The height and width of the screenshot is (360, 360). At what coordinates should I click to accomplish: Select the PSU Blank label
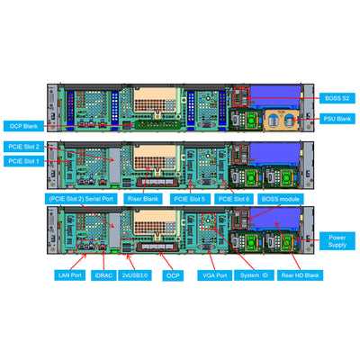click(x=338, y=119)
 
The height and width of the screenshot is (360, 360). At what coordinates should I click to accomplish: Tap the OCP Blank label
click(x=24, y=127)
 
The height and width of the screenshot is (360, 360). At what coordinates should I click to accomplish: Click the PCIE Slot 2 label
click(x=24, y=146)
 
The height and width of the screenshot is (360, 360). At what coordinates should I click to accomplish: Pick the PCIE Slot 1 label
click(x=24, y=161)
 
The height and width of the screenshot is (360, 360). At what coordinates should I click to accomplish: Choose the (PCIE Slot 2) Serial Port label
click(x=77, y=199)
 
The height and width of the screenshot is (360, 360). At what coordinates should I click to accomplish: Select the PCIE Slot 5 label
click(x=189, y=199)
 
